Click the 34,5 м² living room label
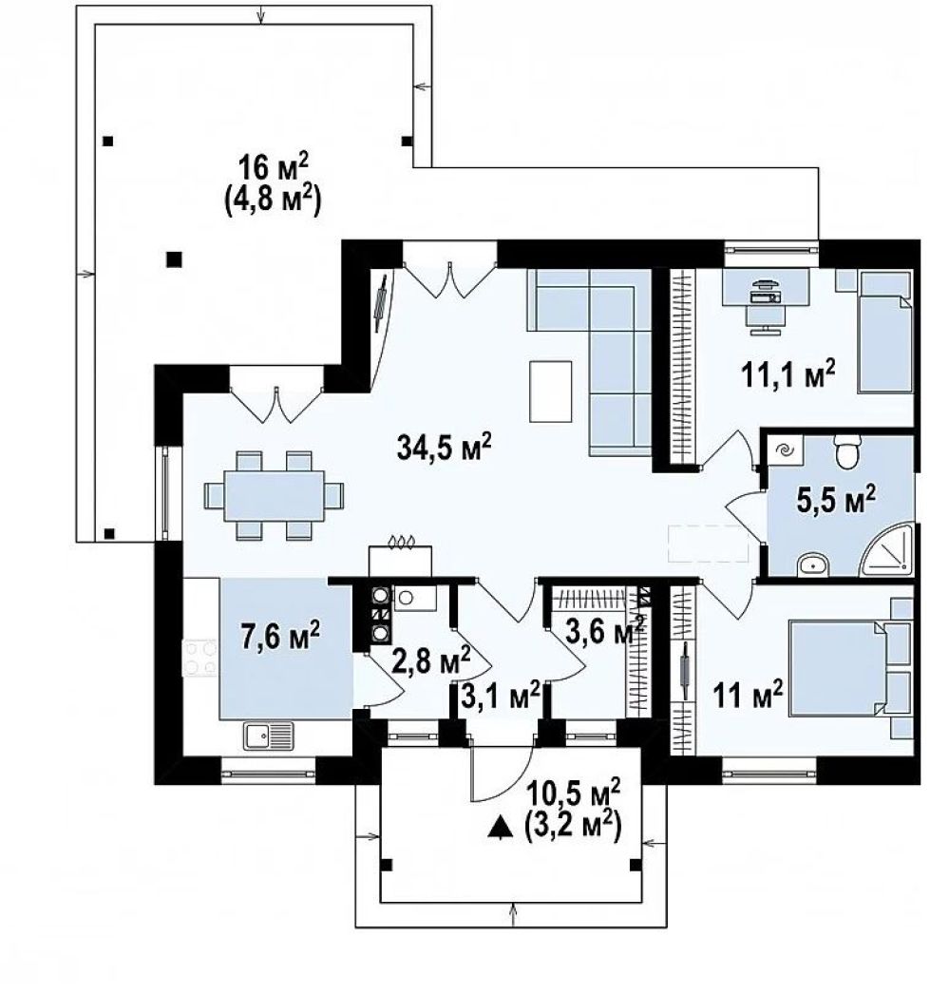click(x=444, y=447)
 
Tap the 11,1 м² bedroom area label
click(x=788, y=374)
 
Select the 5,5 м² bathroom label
click(x=836, y=500)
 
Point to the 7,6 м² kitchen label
click(x=280, y=635)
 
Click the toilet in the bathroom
click(x=847, y=450)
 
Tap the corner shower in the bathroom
click(x=887, y=548)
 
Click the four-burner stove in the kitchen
click(x=199, y=658)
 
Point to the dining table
click(x=275, y=495)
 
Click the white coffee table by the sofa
click(x=551, y=392)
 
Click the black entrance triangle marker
click(x=501, y=829)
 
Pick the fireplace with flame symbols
click(x=400, y=556)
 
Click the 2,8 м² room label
click(x=430, y=661)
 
